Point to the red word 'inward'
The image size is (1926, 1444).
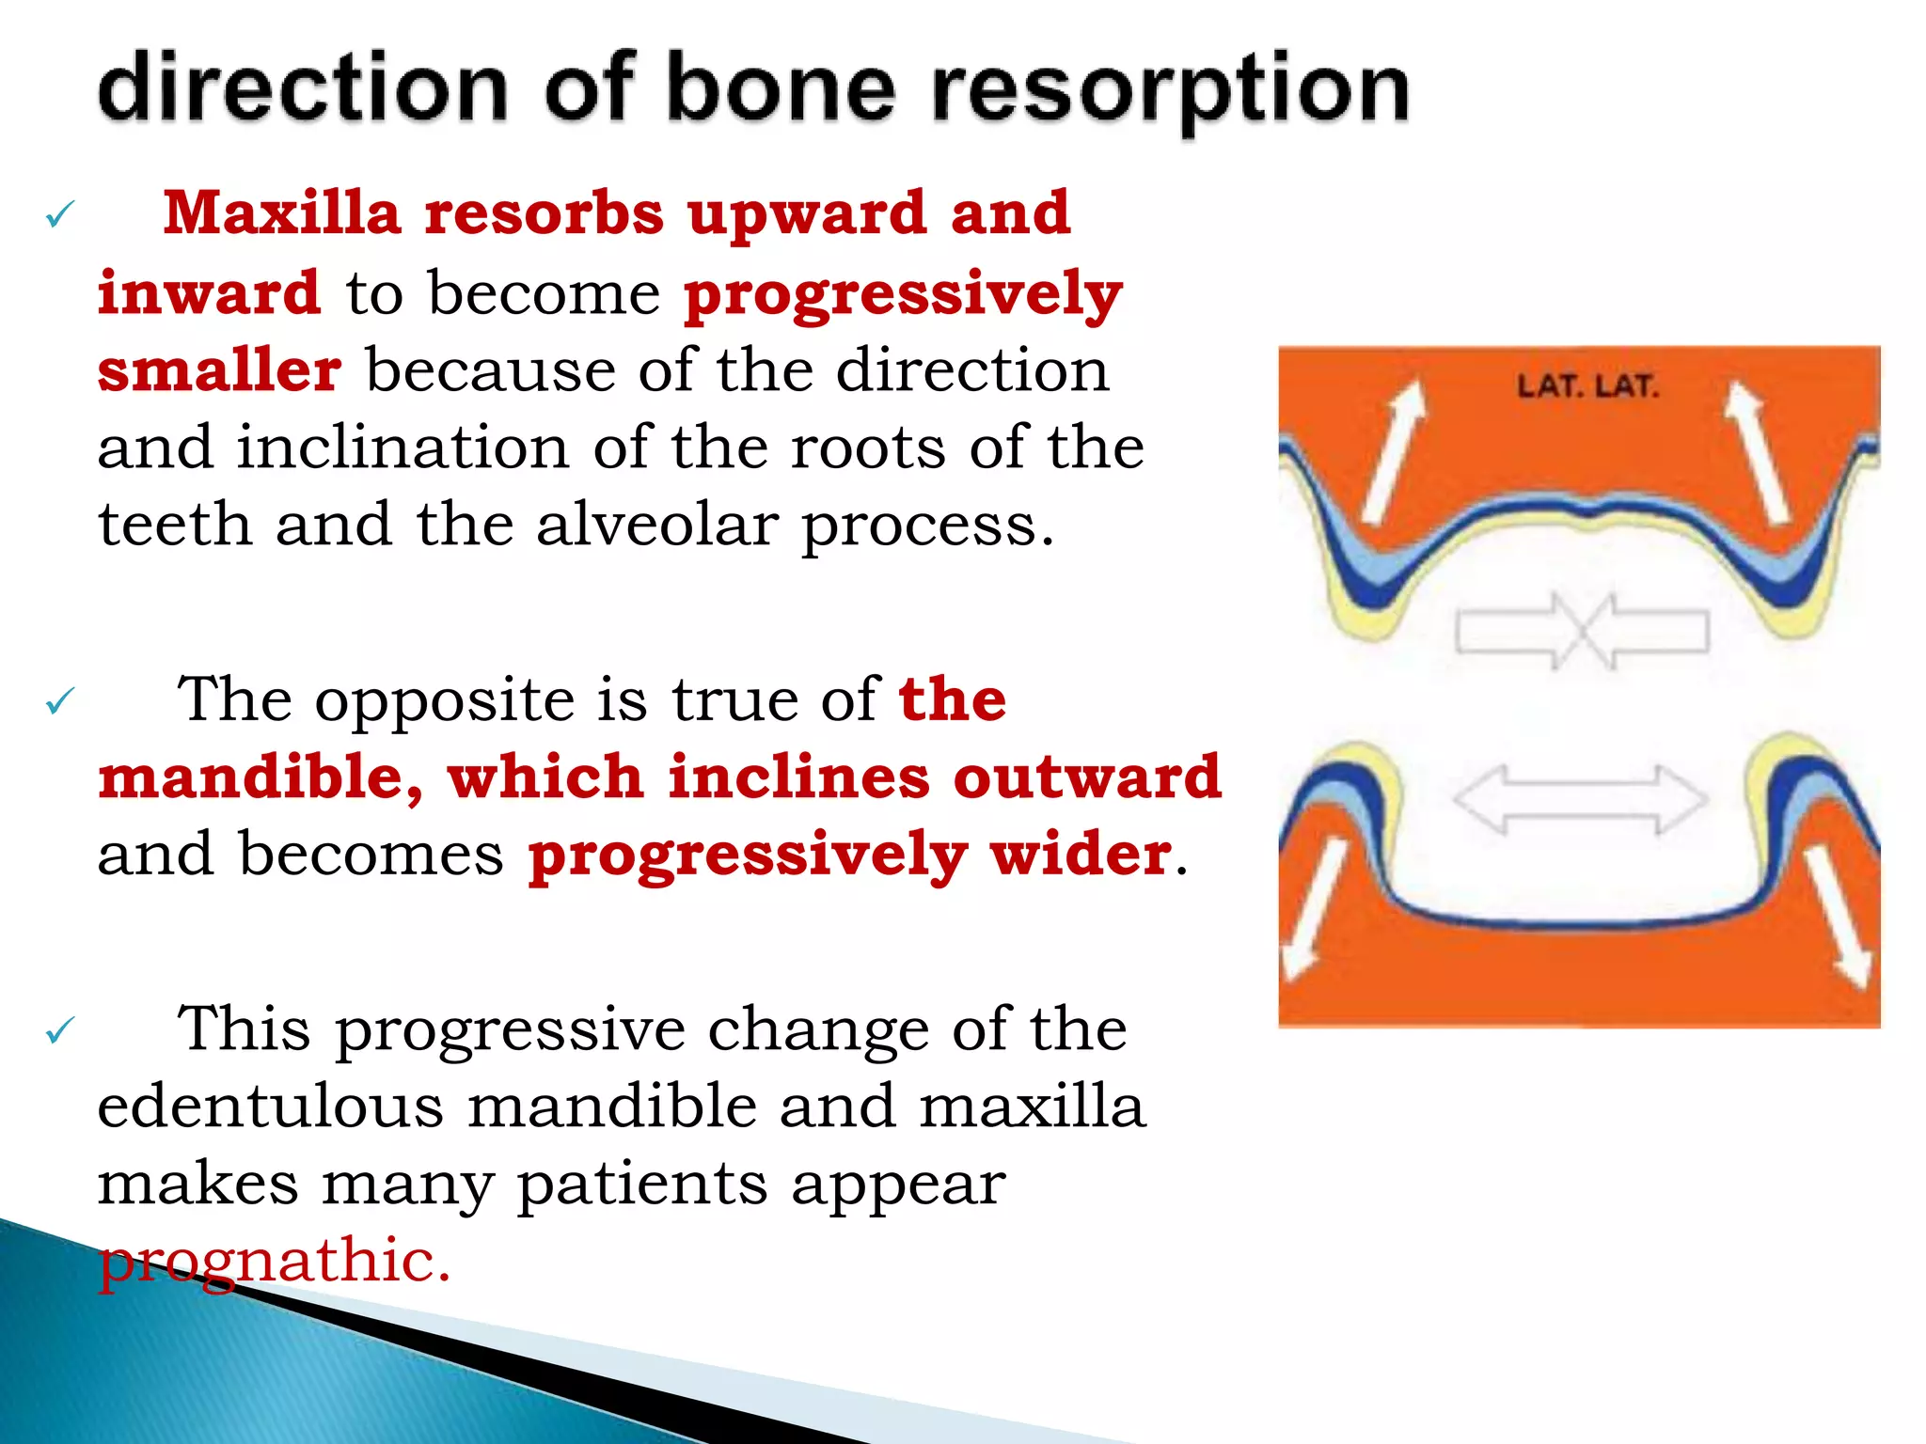tap(209, 292)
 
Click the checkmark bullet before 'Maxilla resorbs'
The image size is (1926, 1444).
tap(59, 216)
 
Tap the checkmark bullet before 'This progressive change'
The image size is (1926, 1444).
tap(59, 1030)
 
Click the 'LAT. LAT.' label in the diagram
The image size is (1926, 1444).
tap(1587, 386)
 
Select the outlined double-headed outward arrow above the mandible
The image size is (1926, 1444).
tap(1580, 799)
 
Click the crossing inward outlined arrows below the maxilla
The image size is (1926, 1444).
tap(1582, 630)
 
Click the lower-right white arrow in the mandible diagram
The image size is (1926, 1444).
tap(1838, 915)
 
